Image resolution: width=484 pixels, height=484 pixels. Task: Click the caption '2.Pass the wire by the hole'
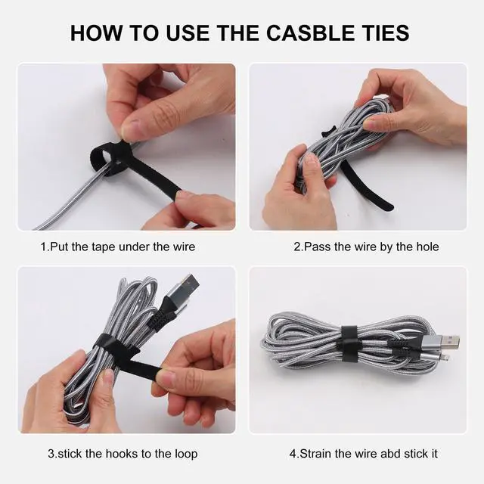pos(366,247)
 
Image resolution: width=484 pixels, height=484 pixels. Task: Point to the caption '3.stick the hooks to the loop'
pos(123,454)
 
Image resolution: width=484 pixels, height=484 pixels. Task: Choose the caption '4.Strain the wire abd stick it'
pos(364,454)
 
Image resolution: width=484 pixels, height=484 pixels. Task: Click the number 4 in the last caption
pos(293,454)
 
